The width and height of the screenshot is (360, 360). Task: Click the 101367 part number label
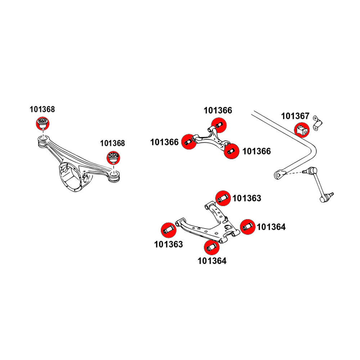[295, 116]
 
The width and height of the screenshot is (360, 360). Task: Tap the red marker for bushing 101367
[302, 130]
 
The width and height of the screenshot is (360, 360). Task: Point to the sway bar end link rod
[319, 184]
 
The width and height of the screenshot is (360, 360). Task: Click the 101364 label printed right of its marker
[271, 227]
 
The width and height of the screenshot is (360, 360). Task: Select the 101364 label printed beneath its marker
[212, 261]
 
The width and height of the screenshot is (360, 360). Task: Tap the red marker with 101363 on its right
[224, 197]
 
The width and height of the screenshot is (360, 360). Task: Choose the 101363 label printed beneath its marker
[168, 244]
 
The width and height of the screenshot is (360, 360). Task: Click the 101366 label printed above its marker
[218, 111]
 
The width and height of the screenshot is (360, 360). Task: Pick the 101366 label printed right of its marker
[256, 152]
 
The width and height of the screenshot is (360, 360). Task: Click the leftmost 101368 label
[42, 109]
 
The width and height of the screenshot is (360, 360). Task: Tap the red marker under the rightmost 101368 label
[113, 158]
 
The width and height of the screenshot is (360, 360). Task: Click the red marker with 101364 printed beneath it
[212, 247]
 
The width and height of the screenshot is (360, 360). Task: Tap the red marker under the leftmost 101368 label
[42, 123]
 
